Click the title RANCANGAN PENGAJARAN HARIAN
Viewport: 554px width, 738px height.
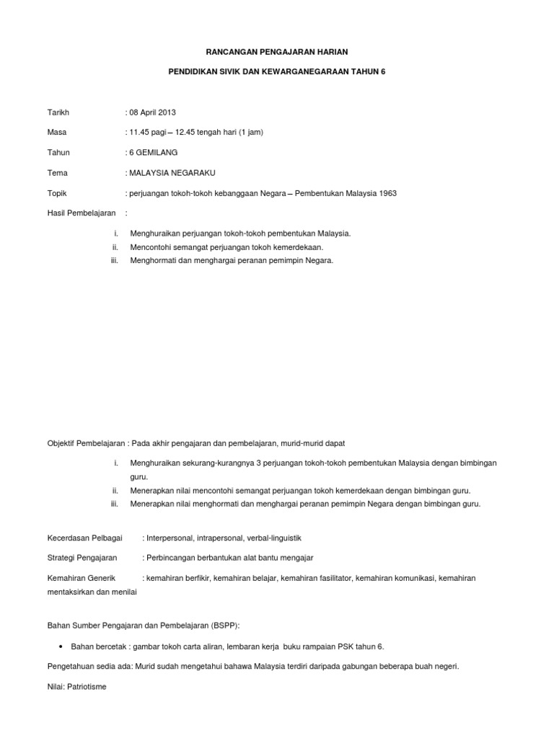(277, 53)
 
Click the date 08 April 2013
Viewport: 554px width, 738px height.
(152, 112)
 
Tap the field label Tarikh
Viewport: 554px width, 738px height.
(58, 112)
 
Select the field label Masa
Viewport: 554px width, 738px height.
(57, 133)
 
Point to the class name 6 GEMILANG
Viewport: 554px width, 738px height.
(154, 153)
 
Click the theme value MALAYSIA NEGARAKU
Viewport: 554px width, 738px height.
(172, 173)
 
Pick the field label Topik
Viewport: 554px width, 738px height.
(57, 193)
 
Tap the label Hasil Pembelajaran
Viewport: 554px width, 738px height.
(81, 213)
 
